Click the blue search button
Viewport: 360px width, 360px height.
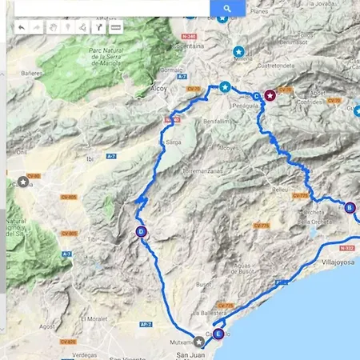tap(227, 8)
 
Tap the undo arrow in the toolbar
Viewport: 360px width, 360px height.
tap(21, 27)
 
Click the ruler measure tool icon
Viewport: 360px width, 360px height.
tap(116, 27)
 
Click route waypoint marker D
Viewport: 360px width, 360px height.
tap(141, 232)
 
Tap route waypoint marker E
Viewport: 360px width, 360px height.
tap(218, 334)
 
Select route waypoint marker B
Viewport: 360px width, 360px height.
tap(350, 208)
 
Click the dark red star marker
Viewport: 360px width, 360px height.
tap(270, 95)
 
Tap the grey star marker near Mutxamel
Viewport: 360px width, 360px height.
tap(198, 342)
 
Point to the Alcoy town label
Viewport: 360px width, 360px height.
tap(159, 90)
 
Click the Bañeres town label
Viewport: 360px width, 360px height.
tap(31, 73)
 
